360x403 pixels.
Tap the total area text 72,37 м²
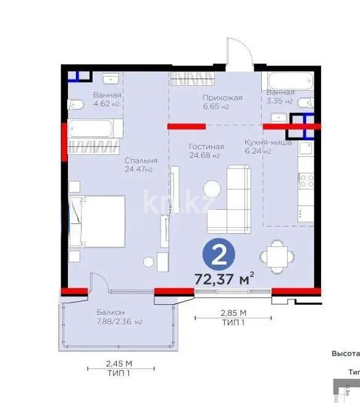tap(224, 278)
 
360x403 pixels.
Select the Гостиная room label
tap(206, 146)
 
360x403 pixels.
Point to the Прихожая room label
tap(222, 98)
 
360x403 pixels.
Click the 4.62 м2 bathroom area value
tap(106, 104)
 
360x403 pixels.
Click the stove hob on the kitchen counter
tap(305, 180)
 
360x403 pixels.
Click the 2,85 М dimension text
tap(233, 312)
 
